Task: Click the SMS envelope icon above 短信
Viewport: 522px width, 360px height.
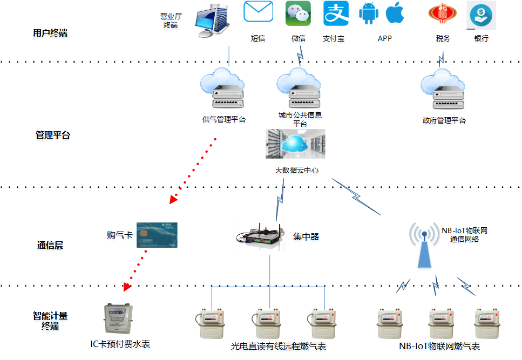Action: (x=258, y=12)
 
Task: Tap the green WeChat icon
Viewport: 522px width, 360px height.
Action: (x=298, y=13)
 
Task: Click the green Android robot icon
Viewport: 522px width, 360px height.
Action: (x=369, y=13)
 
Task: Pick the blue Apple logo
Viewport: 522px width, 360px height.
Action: (x=395, y=13)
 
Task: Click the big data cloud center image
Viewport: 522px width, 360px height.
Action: (x=295, y=144)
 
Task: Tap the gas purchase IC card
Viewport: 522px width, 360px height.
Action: (x=157, y=235)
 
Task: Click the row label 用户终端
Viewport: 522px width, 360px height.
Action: (x=50, y=33)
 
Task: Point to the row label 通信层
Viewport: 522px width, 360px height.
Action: (x=50, y=245)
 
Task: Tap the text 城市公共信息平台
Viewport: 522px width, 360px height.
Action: (x=300, y=119)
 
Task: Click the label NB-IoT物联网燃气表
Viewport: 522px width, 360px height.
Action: (x=439, y=347)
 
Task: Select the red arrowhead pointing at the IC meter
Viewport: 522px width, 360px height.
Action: (x=126, y=287)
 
